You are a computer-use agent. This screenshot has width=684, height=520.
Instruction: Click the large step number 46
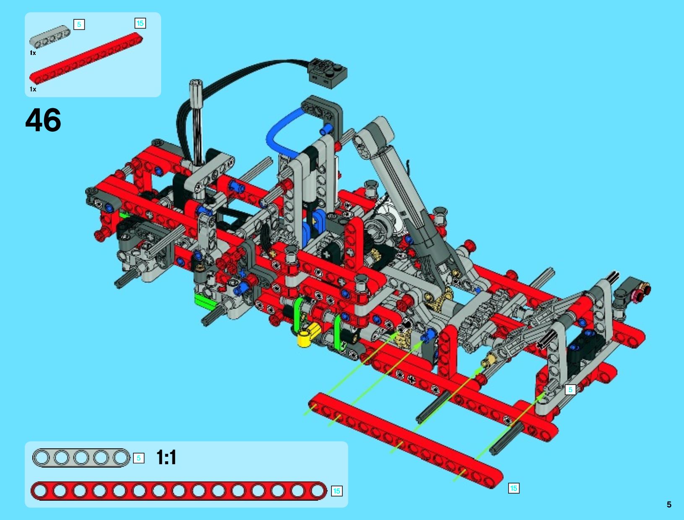click(43, 120)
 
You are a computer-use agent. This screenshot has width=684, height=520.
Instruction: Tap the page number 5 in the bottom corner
click(669, 505)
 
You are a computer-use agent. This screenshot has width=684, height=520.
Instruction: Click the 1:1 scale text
click(166, 458)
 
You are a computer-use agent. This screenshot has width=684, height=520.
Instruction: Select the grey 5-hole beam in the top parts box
click(50, 36)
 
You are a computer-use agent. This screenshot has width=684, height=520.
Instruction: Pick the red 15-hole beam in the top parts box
click(86, 58)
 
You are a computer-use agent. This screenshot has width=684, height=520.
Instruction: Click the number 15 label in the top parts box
click(140, 23)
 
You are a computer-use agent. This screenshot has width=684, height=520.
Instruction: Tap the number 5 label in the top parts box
click(79, 24)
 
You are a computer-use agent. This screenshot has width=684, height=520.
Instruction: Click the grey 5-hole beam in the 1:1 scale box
click(81, 458)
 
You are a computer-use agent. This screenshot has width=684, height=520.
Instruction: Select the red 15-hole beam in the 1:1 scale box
click(179, 491)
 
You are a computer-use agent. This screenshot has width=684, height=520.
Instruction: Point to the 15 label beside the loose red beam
click(514, 488)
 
